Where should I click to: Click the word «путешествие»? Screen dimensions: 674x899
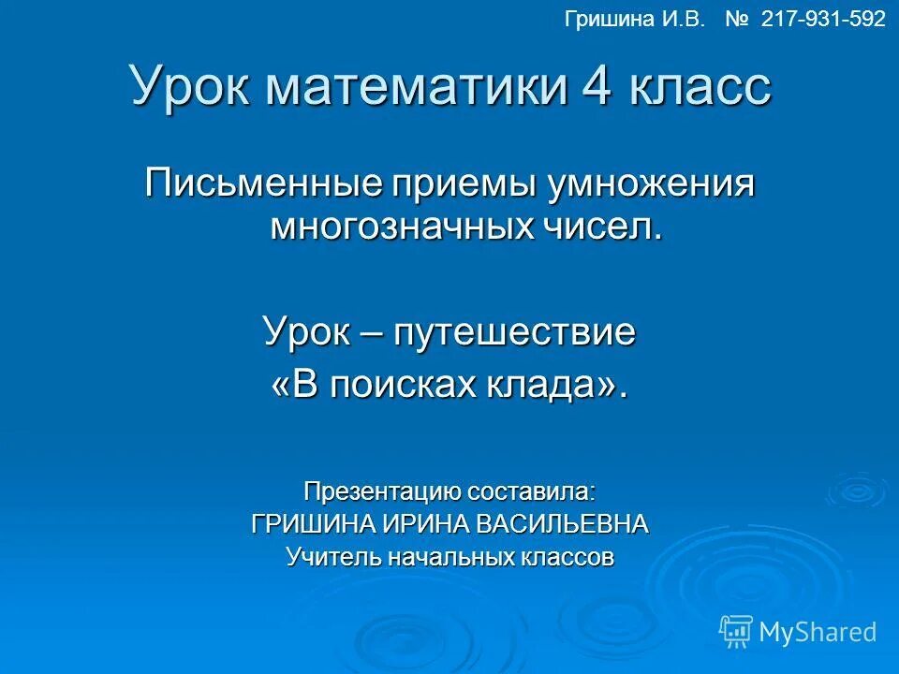coord(514,333)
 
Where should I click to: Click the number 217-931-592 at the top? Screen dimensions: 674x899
coord(823,20)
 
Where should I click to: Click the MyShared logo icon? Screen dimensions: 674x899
coord(736,631)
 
